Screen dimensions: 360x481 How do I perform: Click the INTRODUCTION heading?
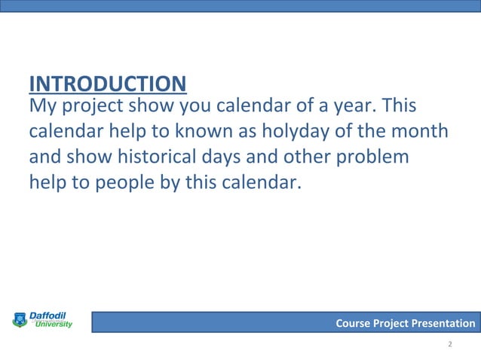[107, 83]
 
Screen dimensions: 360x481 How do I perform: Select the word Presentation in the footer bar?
[443, 324]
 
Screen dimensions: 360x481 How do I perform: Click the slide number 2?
[449, 344]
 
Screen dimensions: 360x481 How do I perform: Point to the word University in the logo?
[54, 325]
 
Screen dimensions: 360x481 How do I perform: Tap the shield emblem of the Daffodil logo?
[19, 321]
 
